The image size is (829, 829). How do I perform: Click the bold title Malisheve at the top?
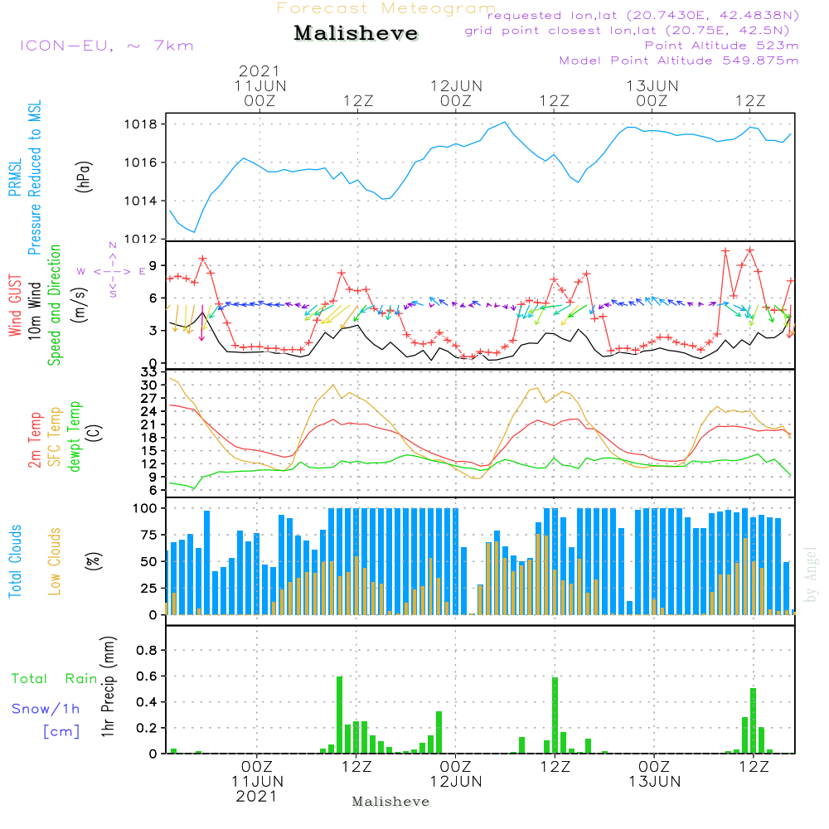[x=356, y=33]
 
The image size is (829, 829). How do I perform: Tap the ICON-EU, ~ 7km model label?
[x=106, y=46]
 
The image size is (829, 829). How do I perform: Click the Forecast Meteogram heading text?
[x=386, y=8]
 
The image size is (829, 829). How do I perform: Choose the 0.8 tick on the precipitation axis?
[x=148, y=650]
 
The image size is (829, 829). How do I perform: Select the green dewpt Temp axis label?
[x=75, y=437]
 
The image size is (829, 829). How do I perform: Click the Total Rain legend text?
[x=54, y=679]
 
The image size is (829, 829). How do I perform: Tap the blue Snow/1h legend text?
[x=46, y=709]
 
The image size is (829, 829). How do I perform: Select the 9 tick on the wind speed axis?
[x=154, y=266]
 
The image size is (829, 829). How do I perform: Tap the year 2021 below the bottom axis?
[x=257, y=797]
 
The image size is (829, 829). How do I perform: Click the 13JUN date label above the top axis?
[x=652, y=85]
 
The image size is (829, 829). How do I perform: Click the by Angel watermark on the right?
[x=811, y=574]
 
